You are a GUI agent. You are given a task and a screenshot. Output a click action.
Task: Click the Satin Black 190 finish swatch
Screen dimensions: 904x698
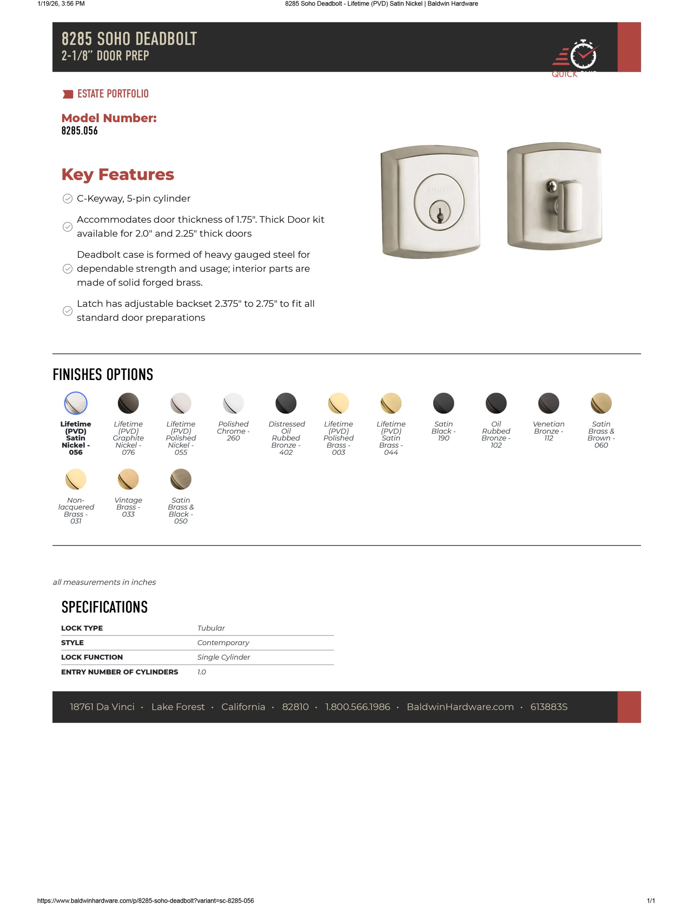[443, 403]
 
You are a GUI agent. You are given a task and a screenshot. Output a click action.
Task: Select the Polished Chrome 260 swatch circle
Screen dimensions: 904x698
[233, 403]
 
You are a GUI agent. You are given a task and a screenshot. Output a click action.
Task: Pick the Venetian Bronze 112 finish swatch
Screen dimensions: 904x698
[548, 403]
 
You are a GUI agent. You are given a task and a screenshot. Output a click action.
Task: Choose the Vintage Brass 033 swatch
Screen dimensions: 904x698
[128, 479]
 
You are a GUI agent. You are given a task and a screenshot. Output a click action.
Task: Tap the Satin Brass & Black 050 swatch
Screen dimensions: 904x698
[181, 479]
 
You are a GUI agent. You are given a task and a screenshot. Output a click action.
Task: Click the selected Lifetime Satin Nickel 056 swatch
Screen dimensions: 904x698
[76, 403]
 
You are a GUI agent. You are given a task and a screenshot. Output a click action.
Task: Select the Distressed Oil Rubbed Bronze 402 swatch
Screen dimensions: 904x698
[286, 403]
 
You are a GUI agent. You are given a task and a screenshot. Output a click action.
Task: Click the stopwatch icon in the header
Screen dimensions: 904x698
[583, 55]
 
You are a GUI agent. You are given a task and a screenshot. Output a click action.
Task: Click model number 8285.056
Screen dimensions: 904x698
[79, 131]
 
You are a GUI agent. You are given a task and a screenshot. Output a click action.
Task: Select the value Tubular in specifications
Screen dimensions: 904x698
[211, 628]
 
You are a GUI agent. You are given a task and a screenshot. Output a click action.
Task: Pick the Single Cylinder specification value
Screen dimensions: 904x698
[223, 657]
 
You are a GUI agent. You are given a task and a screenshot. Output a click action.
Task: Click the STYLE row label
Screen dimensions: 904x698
[72, 642]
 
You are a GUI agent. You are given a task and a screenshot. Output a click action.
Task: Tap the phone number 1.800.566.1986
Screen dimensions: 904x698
[357, 707]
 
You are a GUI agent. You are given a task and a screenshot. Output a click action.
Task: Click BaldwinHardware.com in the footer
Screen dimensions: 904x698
[460, 707]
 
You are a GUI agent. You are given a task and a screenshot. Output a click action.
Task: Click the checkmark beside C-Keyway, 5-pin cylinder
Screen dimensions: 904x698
[67, 199]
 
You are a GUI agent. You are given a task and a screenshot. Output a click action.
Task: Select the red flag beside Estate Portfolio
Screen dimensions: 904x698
[67, 94]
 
